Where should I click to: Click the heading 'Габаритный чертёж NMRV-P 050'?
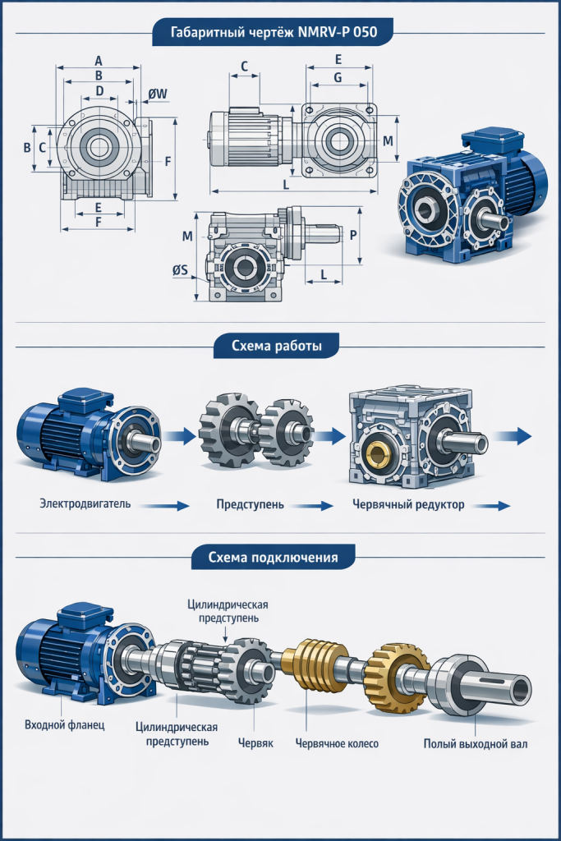tap(274, 32)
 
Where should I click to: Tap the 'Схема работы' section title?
tap(277, 346)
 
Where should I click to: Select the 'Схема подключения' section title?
tap(273, 558)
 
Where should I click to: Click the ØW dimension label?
tap(158, 94)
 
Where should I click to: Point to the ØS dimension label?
tap(180, 269)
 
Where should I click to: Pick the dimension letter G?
tap(338, 78)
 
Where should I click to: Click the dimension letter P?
tap(353, 235)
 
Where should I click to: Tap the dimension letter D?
tap(99, 91)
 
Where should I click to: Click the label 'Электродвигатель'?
tap(85, 503)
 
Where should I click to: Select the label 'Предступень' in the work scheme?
tap(251, 504)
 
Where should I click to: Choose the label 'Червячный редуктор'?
tap(408, 505)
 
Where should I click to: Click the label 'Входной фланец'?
tap(65, 724)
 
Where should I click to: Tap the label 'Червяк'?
tap(255, 742)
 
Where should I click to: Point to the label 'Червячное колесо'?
tap(337, 743)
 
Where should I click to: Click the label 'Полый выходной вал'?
tap(476, 744)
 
